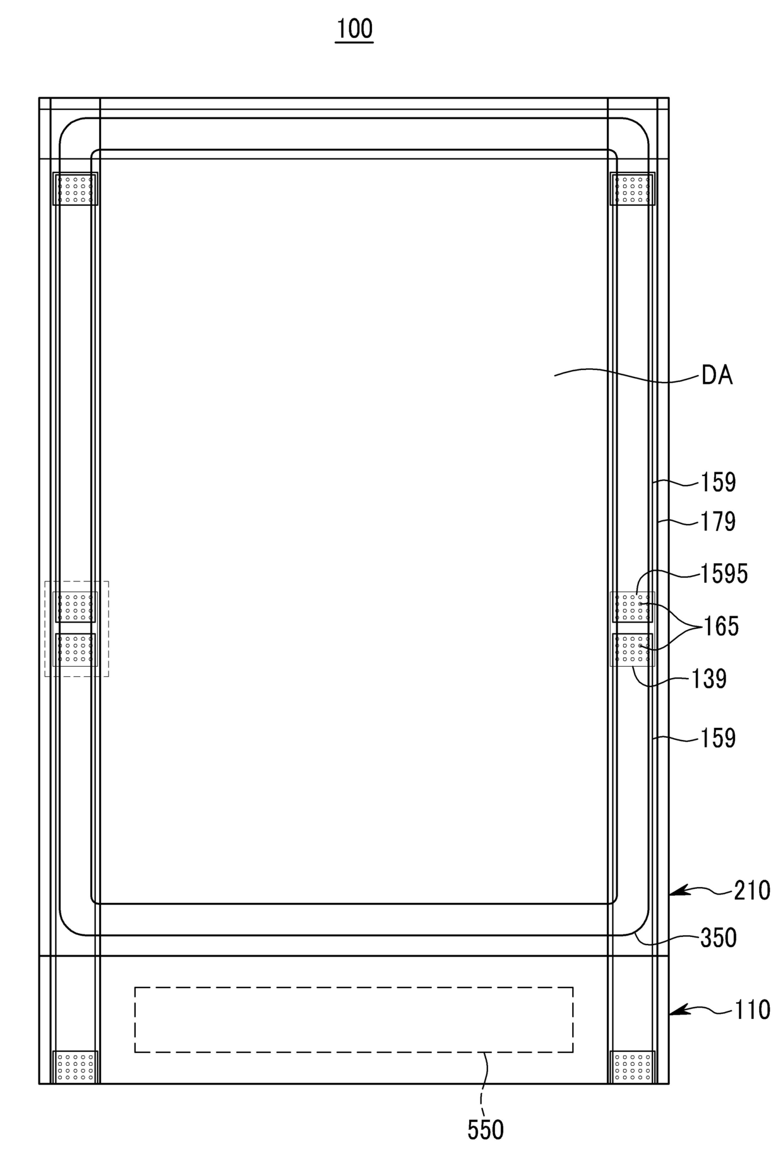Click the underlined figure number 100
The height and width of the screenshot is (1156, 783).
pos(354,29)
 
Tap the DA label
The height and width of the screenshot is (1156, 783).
pos(717,376)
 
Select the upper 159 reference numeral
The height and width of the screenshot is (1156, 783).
pos(719,482)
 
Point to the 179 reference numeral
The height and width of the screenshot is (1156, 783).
pos(719,521)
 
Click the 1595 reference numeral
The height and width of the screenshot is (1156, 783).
pos(724,574)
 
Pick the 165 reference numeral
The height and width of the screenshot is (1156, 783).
pos(721,626)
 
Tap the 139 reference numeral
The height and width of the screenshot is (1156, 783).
pos(709,679)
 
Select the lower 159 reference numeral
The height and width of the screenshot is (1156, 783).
pos(719,738)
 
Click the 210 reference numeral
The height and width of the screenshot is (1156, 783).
pos(752,891)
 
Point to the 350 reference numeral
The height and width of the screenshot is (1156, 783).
pos(719,938)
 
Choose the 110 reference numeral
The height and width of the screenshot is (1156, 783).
pos(752,1010)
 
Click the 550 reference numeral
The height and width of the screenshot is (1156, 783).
pos(486,1130)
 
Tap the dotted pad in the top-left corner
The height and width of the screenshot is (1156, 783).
pos(75,189)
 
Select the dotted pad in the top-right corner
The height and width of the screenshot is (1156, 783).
pos(632,189)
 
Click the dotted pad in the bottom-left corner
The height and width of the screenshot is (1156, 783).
pos(75,1067)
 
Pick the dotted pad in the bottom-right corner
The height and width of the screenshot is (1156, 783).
pos(632,1067)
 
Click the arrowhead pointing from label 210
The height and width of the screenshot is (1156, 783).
pos(676,891)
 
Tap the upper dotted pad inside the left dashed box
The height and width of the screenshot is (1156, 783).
pos(75,607)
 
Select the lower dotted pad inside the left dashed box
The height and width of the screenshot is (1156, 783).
pos(75,650)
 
